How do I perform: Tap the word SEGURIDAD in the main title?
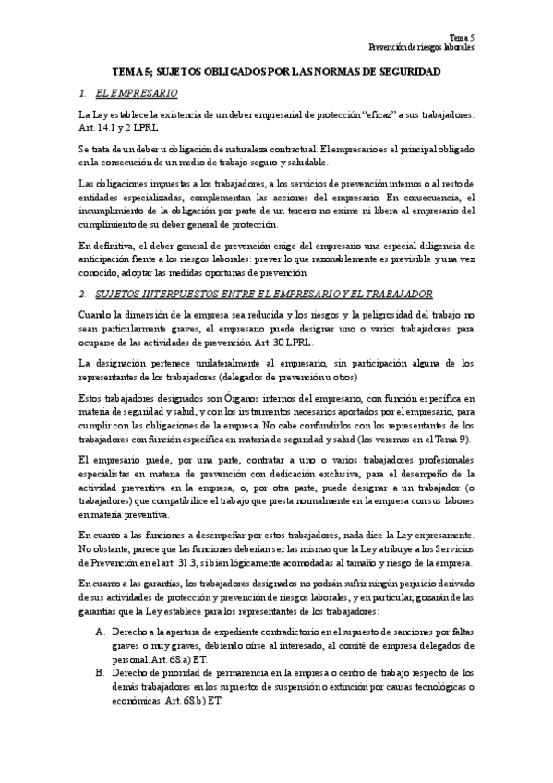pyautogui.click(x=402, y=71)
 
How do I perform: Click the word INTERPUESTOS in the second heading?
pyautogui.click(x=181, y=294)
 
